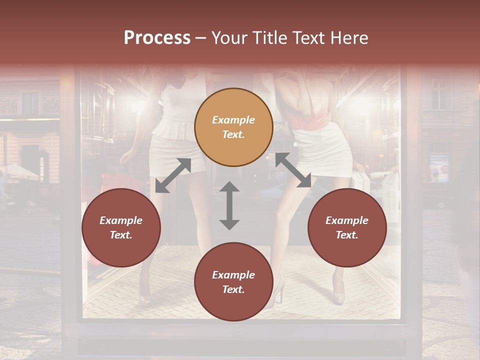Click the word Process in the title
[x=157, y=38]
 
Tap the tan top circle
[x=233, y=127]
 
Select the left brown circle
[x=121, y=227]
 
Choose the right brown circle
[x=347, y=227]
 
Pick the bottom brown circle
[x=233, y=282]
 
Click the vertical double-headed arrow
[x=229, y=205]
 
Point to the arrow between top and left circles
[x=173, y=175]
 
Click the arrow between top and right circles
[x=293, y=170]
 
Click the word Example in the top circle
[x=233, y=120]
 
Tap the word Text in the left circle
[x=121, y=235]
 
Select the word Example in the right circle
[x=347, y=220]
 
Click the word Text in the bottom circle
[x=233, y=289]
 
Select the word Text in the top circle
[x=233, y=134]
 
